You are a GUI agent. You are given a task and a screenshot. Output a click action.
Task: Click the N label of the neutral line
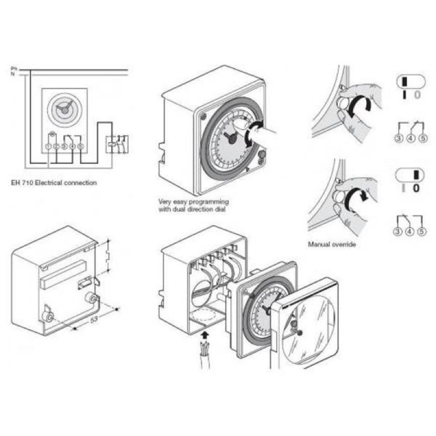point(13,74)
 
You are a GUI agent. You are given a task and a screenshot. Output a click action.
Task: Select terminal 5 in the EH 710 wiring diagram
point(80,146)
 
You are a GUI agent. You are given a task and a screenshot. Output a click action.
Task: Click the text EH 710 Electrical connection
point(53,183)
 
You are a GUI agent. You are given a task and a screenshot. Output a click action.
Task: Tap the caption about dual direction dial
point(186,204)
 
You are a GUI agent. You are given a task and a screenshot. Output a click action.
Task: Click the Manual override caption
point(331,245)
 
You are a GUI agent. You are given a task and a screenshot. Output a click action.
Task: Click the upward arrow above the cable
point(205,333)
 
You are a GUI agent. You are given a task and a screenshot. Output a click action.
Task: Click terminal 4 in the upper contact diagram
point(410,138)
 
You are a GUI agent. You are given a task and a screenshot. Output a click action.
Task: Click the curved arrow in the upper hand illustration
point(361,106)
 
